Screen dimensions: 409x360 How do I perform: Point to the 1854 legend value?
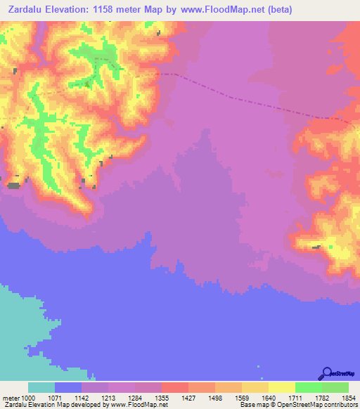coord(347,398)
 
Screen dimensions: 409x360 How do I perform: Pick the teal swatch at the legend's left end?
coord(41,387)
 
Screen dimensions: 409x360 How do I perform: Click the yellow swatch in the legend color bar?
coord(282,387)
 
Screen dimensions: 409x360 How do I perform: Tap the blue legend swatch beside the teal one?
coord(68,387)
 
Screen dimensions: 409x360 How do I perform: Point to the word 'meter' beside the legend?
coord(13,398)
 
